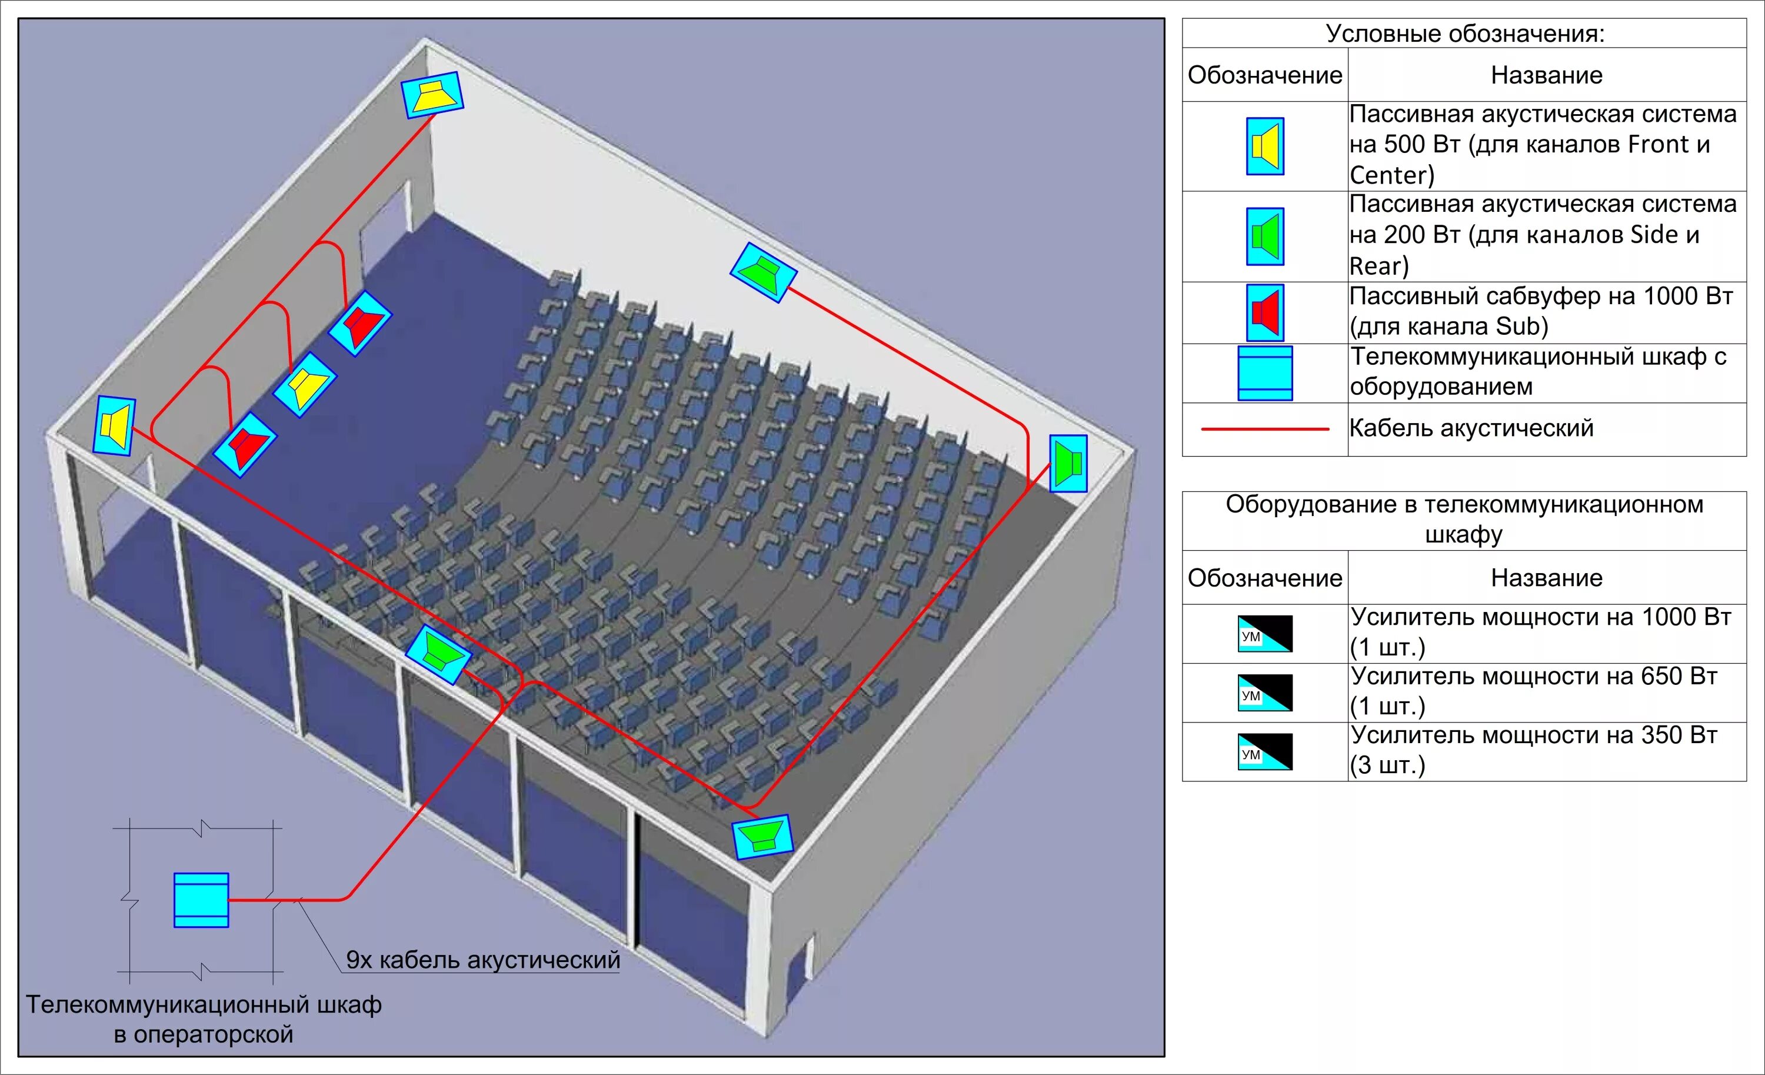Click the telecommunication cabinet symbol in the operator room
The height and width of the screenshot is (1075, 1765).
click(x=201, y=900)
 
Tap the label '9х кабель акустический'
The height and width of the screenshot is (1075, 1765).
click(x=483, y=960)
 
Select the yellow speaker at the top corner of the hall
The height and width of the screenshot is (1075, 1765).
click(x=432, y=95)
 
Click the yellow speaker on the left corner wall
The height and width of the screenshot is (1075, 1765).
click(x=115, y=425)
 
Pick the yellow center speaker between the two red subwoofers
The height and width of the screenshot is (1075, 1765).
click(x=305, y=385)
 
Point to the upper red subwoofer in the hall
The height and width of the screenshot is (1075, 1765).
click(x=359, y=323)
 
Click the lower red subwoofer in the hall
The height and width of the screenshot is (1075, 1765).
click(x=245, y=444)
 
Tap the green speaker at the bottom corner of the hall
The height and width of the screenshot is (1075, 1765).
click(x=762, y=836)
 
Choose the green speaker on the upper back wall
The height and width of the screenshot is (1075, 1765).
click(x=764, y=272)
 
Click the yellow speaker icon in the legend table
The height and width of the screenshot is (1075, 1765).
click(x=1265, y=146)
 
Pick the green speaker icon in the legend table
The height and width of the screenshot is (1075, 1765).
click(x=1265, y=237)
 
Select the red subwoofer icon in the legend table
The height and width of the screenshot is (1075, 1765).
click(x=1265, y=312)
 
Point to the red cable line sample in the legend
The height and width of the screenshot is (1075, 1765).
click(x=1264, y=429)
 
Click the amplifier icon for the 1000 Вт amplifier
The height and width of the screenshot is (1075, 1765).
click(x=1265, y=634)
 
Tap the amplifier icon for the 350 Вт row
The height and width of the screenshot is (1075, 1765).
click(x=1265, y=751)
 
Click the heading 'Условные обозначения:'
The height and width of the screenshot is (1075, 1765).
click(x=1465, y=34)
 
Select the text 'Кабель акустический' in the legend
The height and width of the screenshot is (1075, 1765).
click(x=1471, y=428)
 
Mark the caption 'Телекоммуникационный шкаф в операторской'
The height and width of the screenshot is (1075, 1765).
click(x=204, y=1019)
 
